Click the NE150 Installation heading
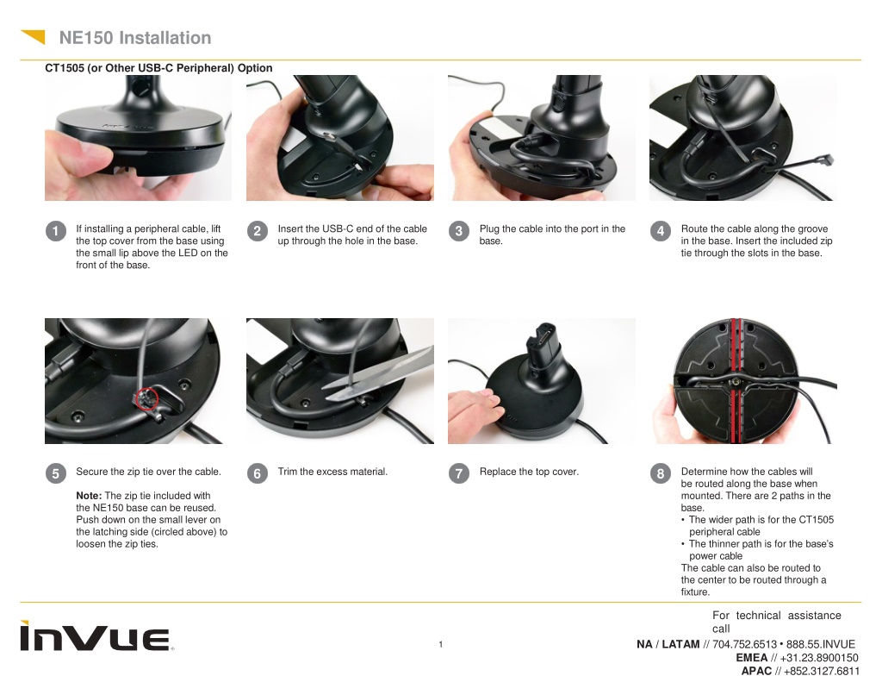(135, 38)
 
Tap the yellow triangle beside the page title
(34, 35)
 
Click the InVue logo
(96, 636)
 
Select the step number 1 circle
(56, 231)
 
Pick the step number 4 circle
(661, 231)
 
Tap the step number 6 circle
(257, 473)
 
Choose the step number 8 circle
(661, 473)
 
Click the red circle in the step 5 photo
(147, 398)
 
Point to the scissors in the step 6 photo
(378, 373)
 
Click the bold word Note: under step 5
(89, 496)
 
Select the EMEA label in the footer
(751, 658)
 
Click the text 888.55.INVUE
(821, 644)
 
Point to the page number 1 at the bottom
(440, 644)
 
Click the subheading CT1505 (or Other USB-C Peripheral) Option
(158, 68)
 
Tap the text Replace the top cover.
(529, 472)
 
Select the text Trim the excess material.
(332, 472)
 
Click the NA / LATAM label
(668, 644)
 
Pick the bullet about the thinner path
(757, 550)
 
